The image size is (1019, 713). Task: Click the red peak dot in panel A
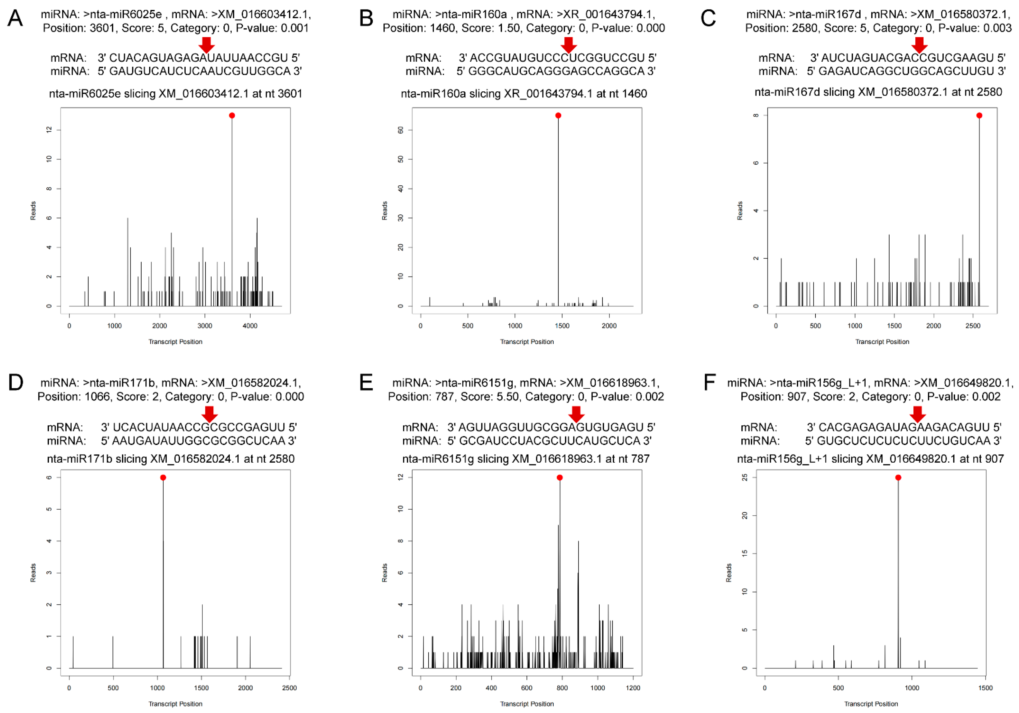pyautogui.click(x=232, y=116)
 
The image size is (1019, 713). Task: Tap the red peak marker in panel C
pyautogui.click(x=979, y=116)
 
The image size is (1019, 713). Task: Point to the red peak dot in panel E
pyautogui.click(x=560, y=478)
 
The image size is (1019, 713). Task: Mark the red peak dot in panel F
pyautogui.click(x=898, y=478)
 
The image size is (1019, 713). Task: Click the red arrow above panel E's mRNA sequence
pyautogui.click(x=576, y=414)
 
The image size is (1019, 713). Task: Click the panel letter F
pyautogui.click(x=710, y=382)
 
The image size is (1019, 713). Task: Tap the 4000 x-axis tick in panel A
pyautogui.click(x=250, y=326)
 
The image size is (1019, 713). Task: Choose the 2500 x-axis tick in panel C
pyautogui.click(x=973, y=326)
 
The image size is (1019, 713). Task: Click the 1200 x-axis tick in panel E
pyautogui.click(x=633, y=688)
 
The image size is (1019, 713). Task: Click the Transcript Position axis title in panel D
pyautogui.click(x=175, y=704)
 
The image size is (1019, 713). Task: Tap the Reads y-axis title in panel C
pyautogui.click(x=740, y=211)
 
